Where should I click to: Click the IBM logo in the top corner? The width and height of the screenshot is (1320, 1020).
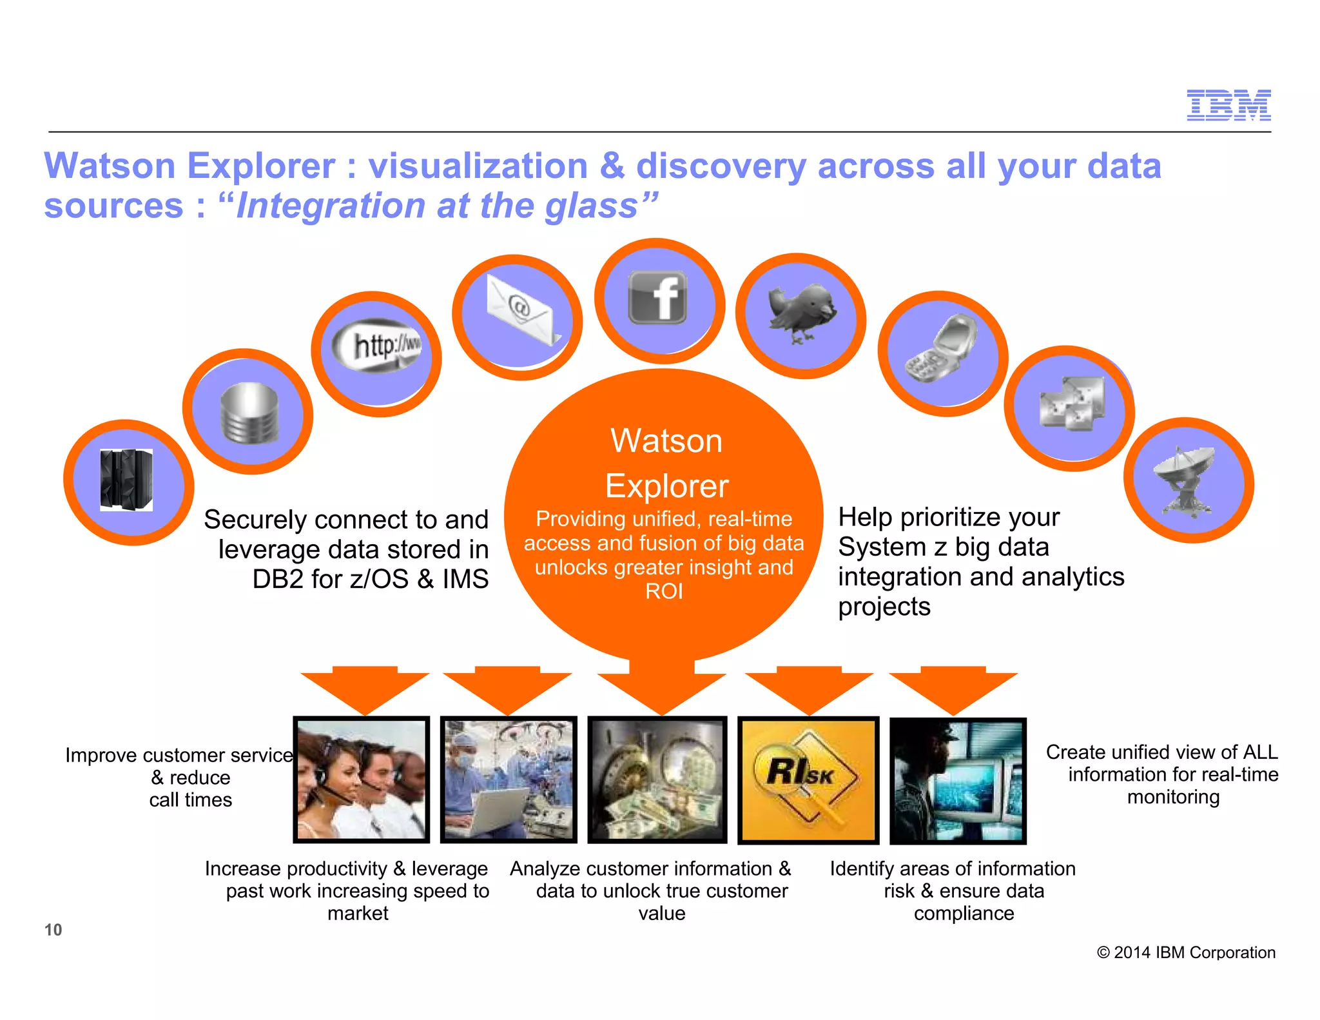pyautogui.click(x=1228, y=105)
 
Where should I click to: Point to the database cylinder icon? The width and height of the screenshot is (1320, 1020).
pyautogui.click(x=249, y=413)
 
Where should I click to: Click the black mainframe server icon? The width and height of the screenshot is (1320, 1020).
pyautogui.click(x=127, y=480)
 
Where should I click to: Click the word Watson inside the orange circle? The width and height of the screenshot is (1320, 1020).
pyautogui.click(x=666, y=442)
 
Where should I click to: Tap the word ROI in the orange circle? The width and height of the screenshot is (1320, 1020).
pyautogui.click(x=664, y=591)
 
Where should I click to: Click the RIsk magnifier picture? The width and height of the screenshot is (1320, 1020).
pyautogui.click(x=808, y=780)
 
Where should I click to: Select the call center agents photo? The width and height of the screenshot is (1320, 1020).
pyautogui.click(x=362, y=780)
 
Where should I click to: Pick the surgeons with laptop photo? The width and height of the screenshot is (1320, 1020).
pyautogui.click(x=509, y=780)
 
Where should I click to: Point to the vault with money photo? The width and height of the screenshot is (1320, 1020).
pyautogui.click(x=657, y=780)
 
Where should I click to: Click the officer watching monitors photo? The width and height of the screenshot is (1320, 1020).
pyautogui.click(x=957, y=780)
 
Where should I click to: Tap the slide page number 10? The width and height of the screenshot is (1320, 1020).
pyautogui.click(x=53, y=930)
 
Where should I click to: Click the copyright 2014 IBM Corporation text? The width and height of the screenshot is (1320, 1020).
pyautogui.click(x=1186, y=952)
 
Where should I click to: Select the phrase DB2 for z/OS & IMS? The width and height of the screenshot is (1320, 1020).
pyautogui.click(x=370, y=579)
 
